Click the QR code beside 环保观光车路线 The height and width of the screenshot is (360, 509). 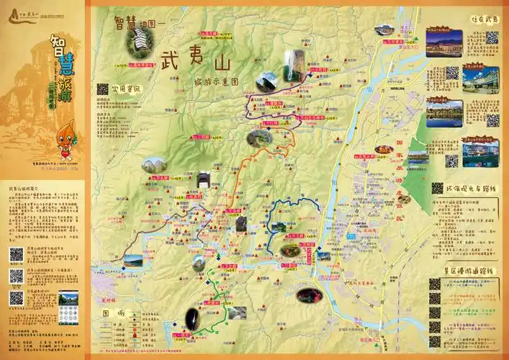pos(437,189)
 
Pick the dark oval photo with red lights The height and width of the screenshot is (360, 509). pos(310,295)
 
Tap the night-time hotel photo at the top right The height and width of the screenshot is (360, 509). pos(443,43)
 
